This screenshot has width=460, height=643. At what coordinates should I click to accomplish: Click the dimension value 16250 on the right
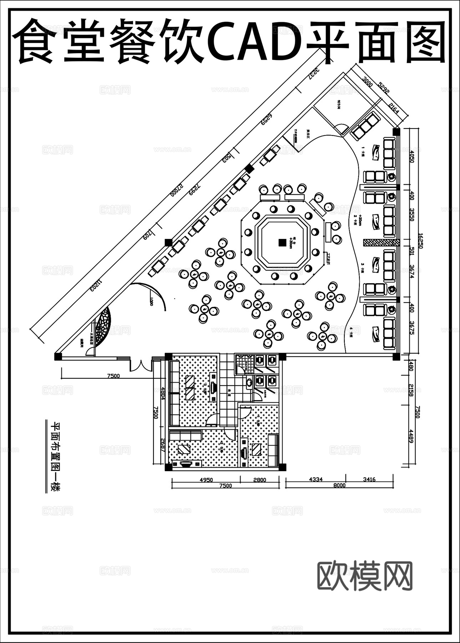pos(420,241)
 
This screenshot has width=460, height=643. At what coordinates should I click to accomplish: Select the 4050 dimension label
pos(411,156)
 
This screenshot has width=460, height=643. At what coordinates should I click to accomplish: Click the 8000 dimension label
pos(339,485)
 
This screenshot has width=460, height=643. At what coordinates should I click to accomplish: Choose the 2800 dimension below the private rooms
pos(259,480)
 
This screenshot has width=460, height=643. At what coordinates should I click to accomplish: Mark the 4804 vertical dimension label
pos(162,393)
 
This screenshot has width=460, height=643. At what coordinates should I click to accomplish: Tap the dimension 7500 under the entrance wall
pos(113,376)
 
